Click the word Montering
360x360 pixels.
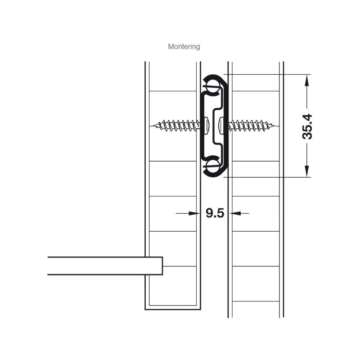pyautogui.click(x=184, y=47)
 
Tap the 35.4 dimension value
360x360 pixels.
pyautogui.click(x=307, y=126)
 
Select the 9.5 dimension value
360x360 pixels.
pyautogui.click(x=215, y=213)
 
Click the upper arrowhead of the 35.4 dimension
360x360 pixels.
pyautogui.click(x=307, y=80)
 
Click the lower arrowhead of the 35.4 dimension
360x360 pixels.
pyautogui.click(x=307, y=171)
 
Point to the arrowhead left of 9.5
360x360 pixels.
pyautogui.click(x=194, y=213)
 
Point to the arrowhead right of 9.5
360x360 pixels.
pyautogui.click(x=235, y=213)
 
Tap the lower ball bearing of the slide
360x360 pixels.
pyautogui.click(x=211, y=166)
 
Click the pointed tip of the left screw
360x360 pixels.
pyautogui.click(x=153, y=126)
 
